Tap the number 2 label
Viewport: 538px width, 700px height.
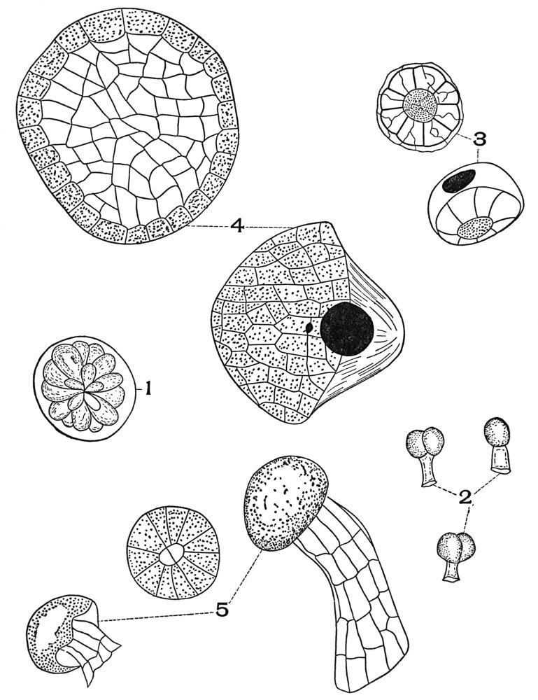tap(465, 496)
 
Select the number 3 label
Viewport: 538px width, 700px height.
tap(479, 140)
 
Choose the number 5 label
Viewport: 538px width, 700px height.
tap(222, 610)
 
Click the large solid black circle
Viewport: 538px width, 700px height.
tap(346, 328)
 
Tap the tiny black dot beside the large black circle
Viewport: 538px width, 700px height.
tap(309, 328)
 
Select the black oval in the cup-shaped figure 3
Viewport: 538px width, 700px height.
tap(460, 181)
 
